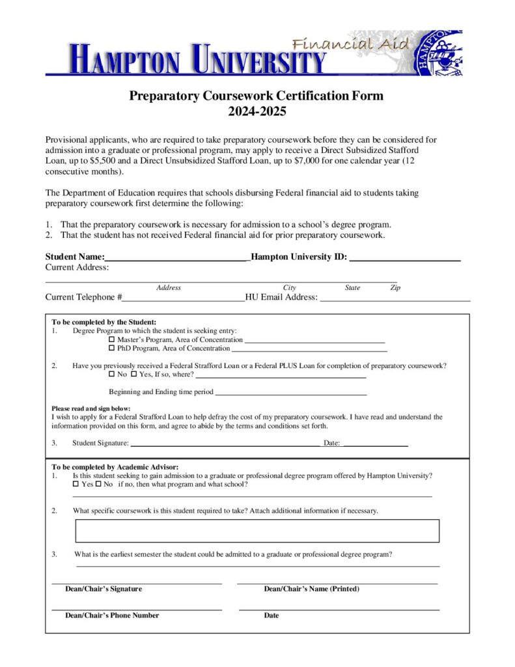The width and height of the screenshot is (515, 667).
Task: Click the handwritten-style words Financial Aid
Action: pos(351,44)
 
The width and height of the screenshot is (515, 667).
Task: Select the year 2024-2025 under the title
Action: pos(257,111)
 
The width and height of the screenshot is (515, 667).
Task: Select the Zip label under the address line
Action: pos(395,287)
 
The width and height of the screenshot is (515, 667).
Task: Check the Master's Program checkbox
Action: pos(111,340)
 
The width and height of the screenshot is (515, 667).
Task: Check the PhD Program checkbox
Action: pos(111,348)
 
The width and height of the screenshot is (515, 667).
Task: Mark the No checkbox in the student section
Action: pos(111,375)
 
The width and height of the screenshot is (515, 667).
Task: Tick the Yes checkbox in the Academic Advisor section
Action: pos(76,485)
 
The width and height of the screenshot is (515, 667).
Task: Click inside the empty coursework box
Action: pos(257,530)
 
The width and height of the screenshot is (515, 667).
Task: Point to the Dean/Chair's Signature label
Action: pos(104,589)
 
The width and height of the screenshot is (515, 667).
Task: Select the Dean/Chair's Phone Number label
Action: pos(112,615)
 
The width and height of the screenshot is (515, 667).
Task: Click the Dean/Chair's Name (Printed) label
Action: pos(311,589)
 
